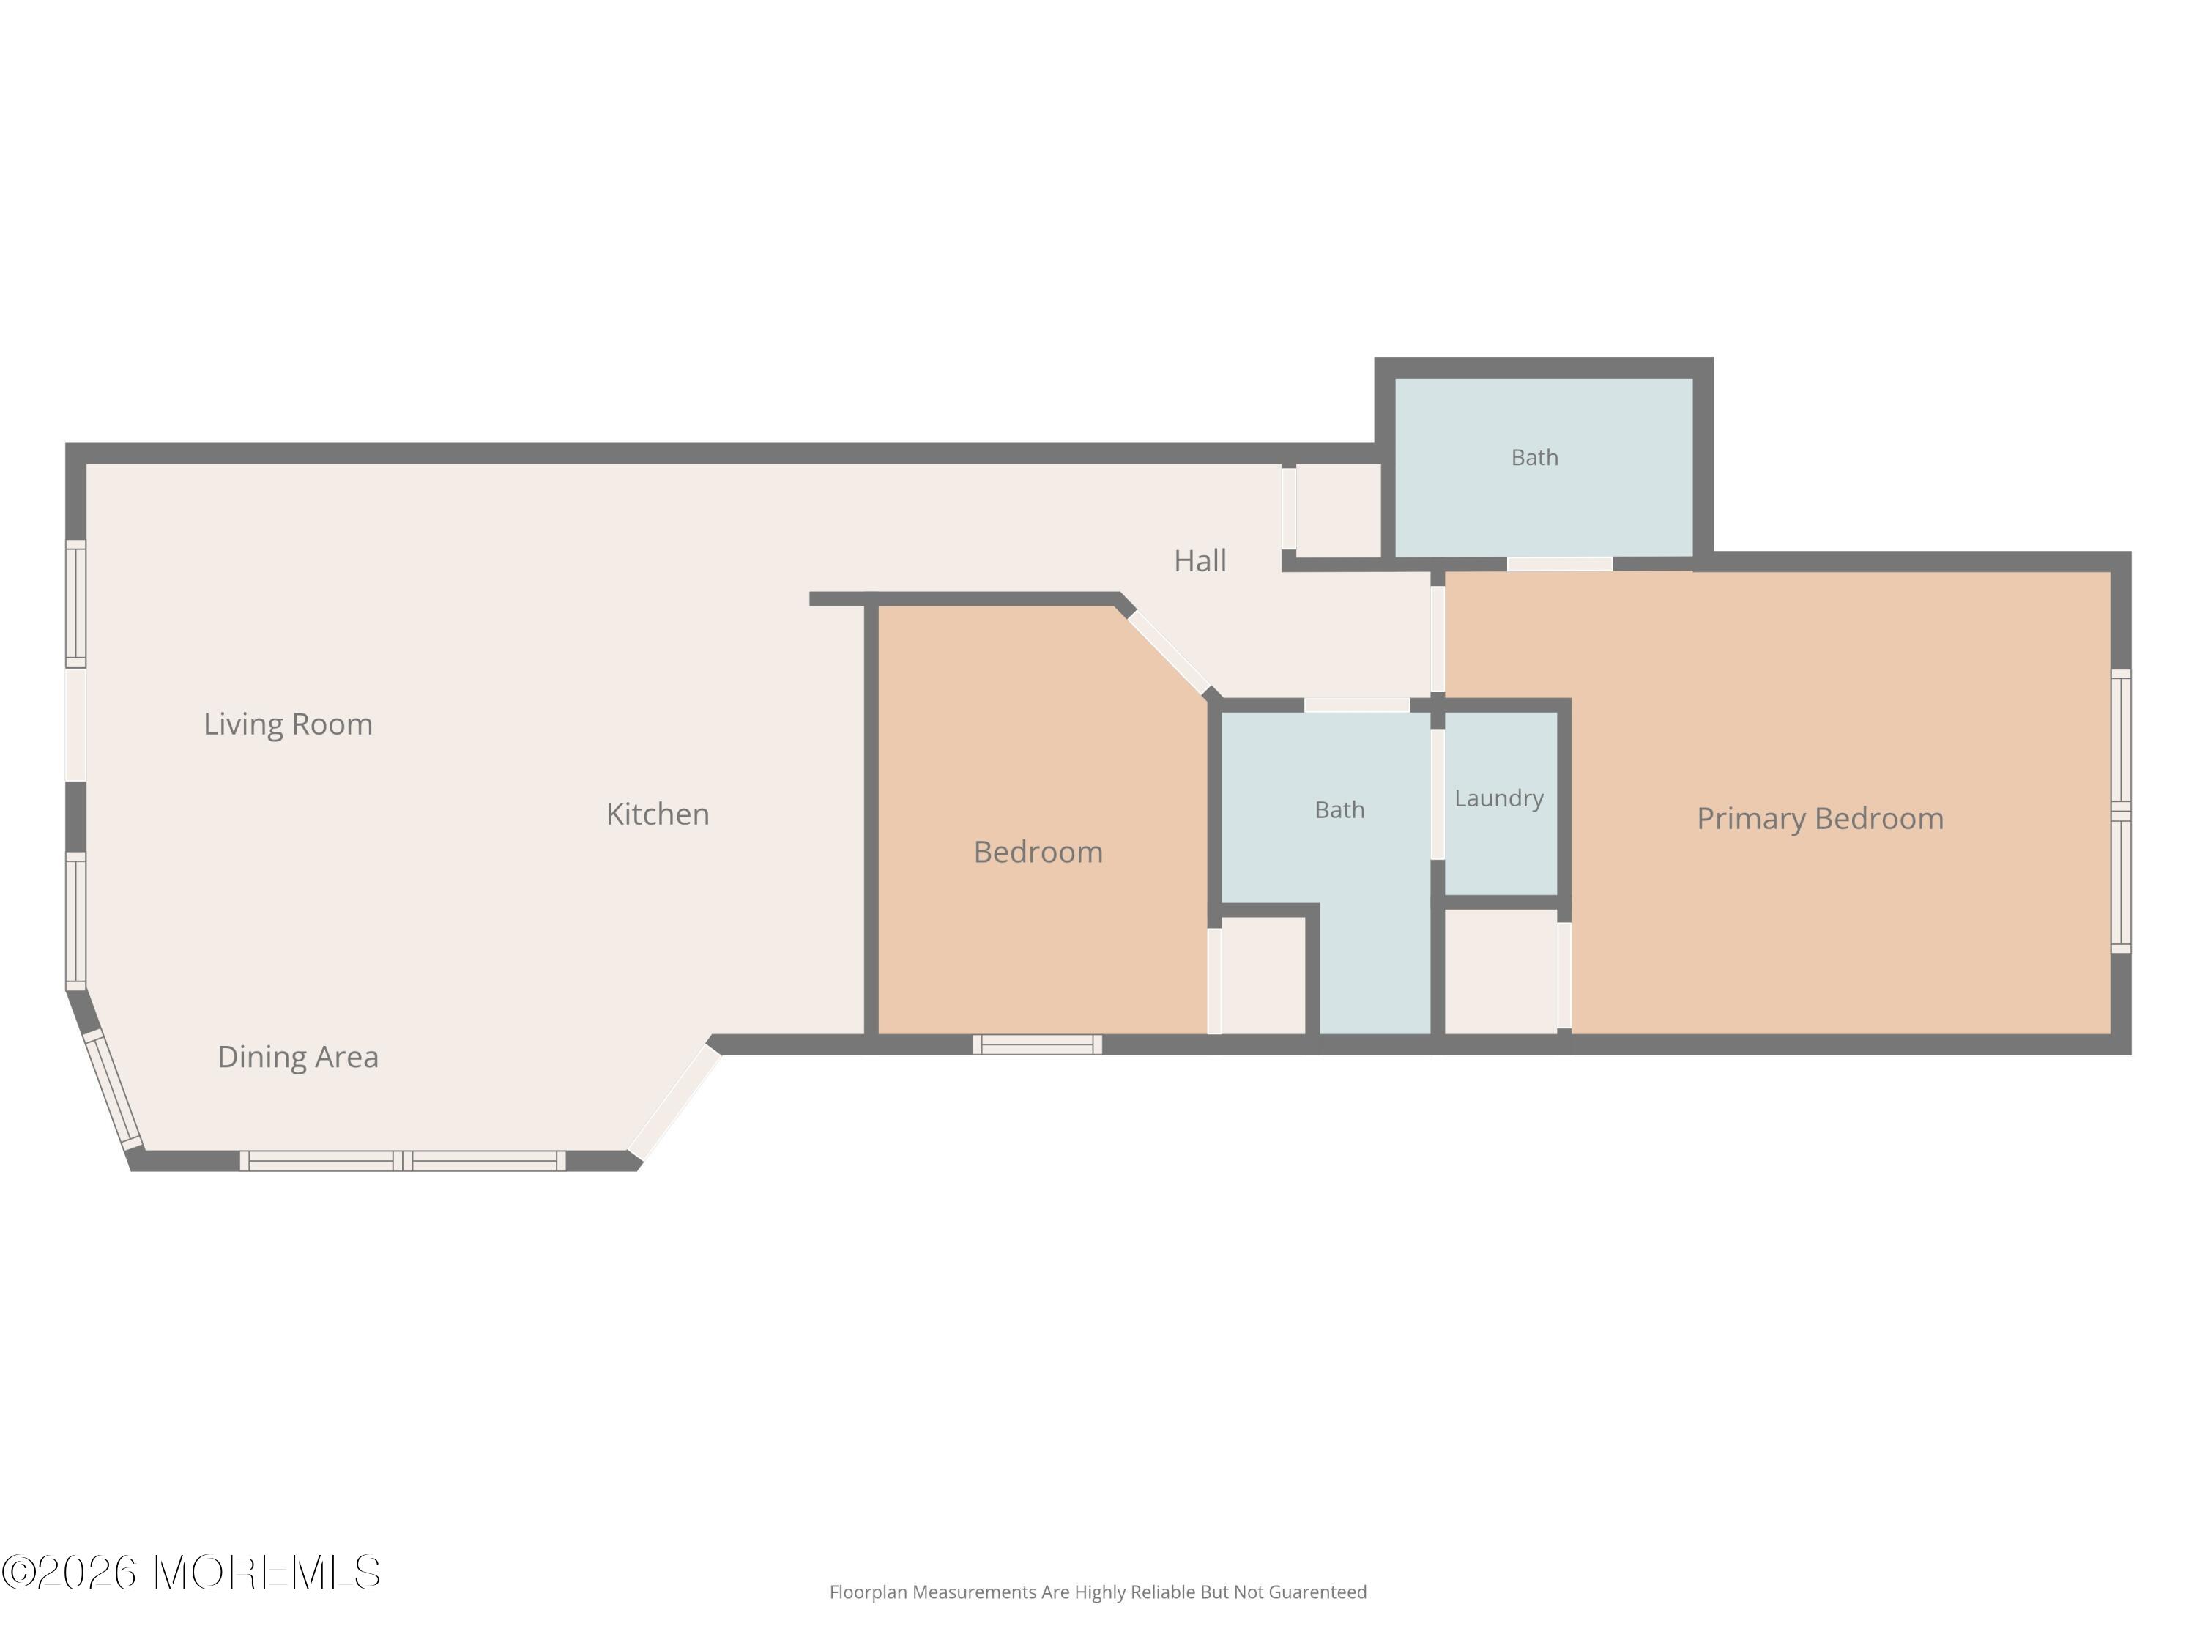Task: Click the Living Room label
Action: (x=288, y=725)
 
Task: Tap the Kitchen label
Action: (x=658, y=814)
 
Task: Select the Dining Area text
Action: (x=298, y=1057)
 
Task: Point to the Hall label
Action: (x=1200, y=561)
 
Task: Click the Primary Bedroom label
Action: (x=1820, y=820)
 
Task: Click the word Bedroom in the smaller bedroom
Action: (x=1038, y=853)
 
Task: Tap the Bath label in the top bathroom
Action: (x=1534, y=458)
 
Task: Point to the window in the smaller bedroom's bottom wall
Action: (x=1037, y=1044)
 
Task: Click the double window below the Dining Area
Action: (x=402, y=1160)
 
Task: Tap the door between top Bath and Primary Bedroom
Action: (x=1559, y=564)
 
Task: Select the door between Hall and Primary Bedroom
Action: (x=1437, y=639)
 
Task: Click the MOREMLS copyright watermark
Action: (x=190, y=1573)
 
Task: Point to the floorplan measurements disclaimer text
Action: (x=1098, y=1592)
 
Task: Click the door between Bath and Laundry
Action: (x=1437, y=794)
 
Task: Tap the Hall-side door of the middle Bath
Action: (x=1357, y=705)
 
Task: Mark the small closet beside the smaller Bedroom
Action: (x=1263, y=974)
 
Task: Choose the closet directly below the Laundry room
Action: (x=1501, y=971)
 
